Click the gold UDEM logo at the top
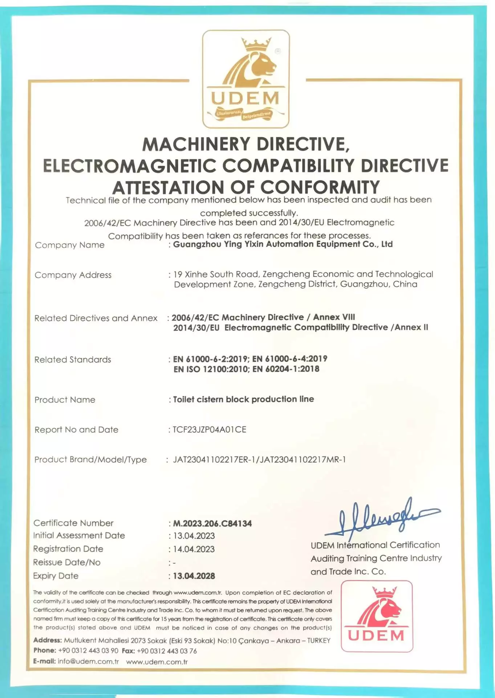246,79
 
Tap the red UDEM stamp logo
377,616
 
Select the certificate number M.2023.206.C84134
212,523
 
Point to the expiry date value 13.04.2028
194,576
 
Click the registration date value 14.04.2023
194,549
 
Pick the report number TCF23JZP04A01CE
210,430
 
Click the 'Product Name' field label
65,400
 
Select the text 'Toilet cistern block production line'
243,399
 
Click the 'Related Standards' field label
73,360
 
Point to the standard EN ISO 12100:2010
211,369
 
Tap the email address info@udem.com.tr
88,661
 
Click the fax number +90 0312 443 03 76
167,651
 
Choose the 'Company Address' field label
73,275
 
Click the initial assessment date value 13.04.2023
194,536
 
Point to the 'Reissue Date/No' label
67,562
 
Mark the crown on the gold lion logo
257,44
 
